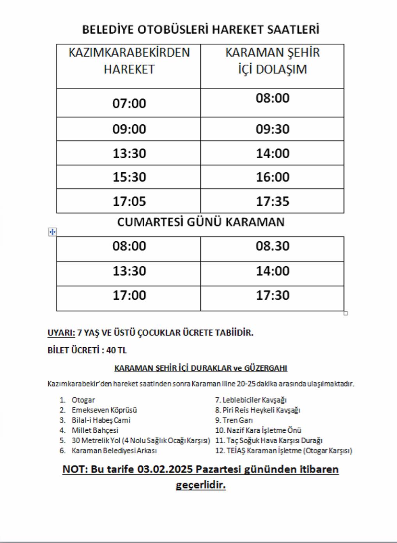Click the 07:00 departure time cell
pos(129,103)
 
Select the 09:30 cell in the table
pos(272,129)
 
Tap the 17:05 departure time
pos(129,201)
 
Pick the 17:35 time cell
pos(272,201)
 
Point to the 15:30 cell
pos(129,177)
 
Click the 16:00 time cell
pos(272,177)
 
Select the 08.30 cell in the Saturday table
pos(272,246)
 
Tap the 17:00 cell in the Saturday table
pos(129,295)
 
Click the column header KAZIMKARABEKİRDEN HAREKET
pos(129,61)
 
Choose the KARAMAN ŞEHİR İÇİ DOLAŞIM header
pos(272,61)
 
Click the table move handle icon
pos(52,232)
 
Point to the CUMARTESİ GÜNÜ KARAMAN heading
pos(201,222)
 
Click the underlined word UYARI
pos(61,333)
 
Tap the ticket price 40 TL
pos(116,350)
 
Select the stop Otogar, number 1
pos(83,400)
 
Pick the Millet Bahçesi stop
pos(95,430)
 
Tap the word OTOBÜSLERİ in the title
pos(171,30)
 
